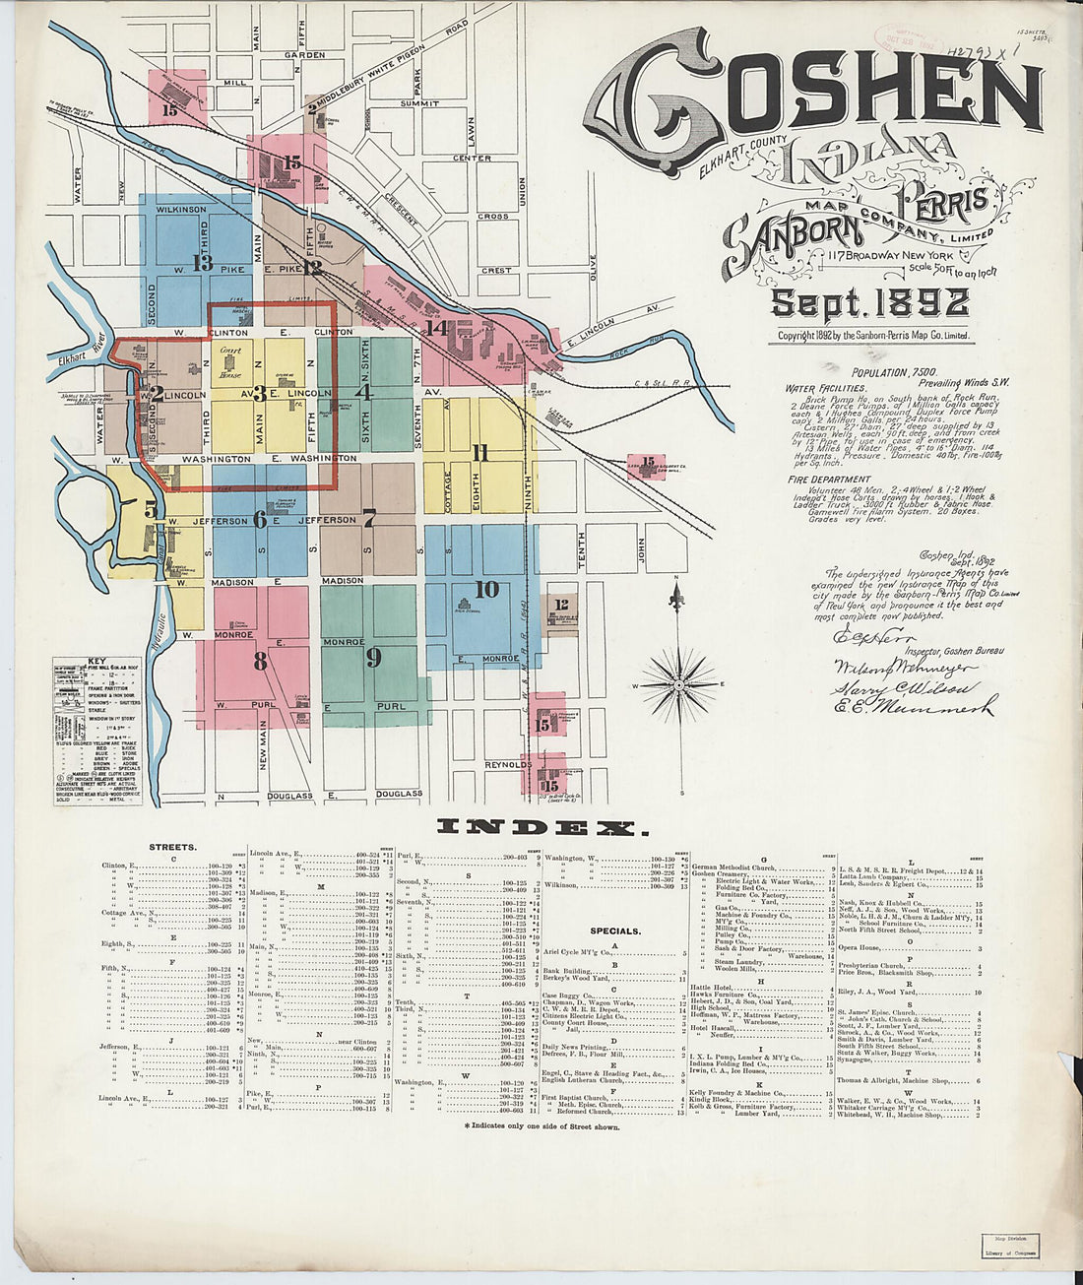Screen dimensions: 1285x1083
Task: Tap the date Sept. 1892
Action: click(x=869, y=303)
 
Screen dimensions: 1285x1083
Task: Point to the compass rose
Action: click(x=677, y=683)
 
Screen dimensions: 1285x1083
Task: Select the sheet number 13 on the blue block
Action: click(x=203, y=263)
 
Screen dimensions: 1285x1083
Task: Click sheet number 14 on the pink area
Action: click(x=437, y=328)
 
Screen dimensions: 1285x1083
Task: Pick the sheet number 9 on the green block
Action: click(x=373, y=656)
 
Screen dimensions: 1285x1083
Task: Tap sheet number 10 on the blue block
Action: click(x=486, y=589)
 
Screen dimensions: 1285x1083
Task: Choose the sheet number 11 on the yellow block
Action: click(x=479, y=453)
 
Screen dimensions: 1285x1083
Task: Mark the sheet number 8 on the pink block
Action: click(x=260, y=661)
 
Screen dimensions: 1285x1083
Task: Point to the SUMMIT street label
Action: click(x=419, y=103)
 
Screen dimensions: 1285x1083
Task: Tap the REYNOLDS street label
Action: click(x=507, y=764)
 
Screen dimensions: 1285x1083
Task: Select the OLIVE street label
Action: click(x=594, y=268)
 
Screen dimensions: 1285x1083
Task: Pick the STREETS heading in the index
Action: click(x=172, y=846)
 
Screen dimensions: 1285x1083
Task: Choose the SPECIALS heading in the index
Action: click(x=615, y=930)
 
